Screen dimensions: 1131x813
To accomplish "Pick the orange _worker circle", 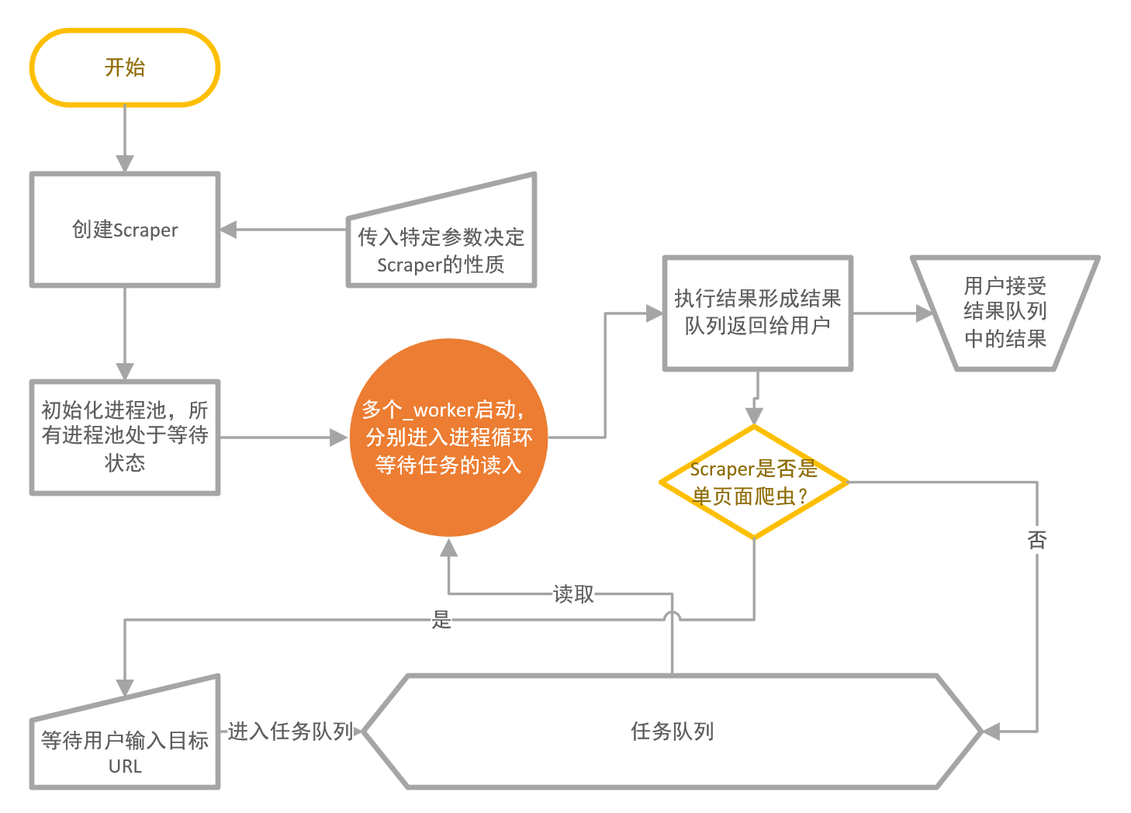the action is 448,438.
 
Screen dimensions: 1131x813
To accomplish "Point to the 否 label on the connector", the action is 1037,540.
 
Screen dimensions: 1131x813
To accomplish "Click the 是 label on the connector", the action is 441,620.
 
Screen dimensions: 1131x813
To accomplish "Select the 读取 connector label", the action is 573,593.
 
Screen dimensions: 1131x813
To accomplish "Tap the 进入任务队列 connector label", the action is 290,731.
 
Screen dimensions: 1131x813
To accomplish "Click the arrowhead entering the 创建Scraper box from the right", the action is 228,230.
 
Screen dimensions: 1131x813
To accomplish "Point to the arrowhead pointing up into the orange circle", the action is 448,548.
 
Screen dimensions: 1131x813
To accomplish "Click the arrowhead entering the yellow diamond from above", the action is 754,416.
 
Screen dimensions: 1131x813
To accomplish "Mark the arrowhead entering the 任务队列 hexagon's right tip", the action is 991,731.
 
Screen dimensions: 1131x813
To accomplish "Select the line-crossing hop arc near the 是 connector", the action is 672,614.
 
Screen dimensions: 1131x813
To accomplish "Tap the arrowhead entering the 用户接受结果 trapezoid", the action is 925,313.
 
